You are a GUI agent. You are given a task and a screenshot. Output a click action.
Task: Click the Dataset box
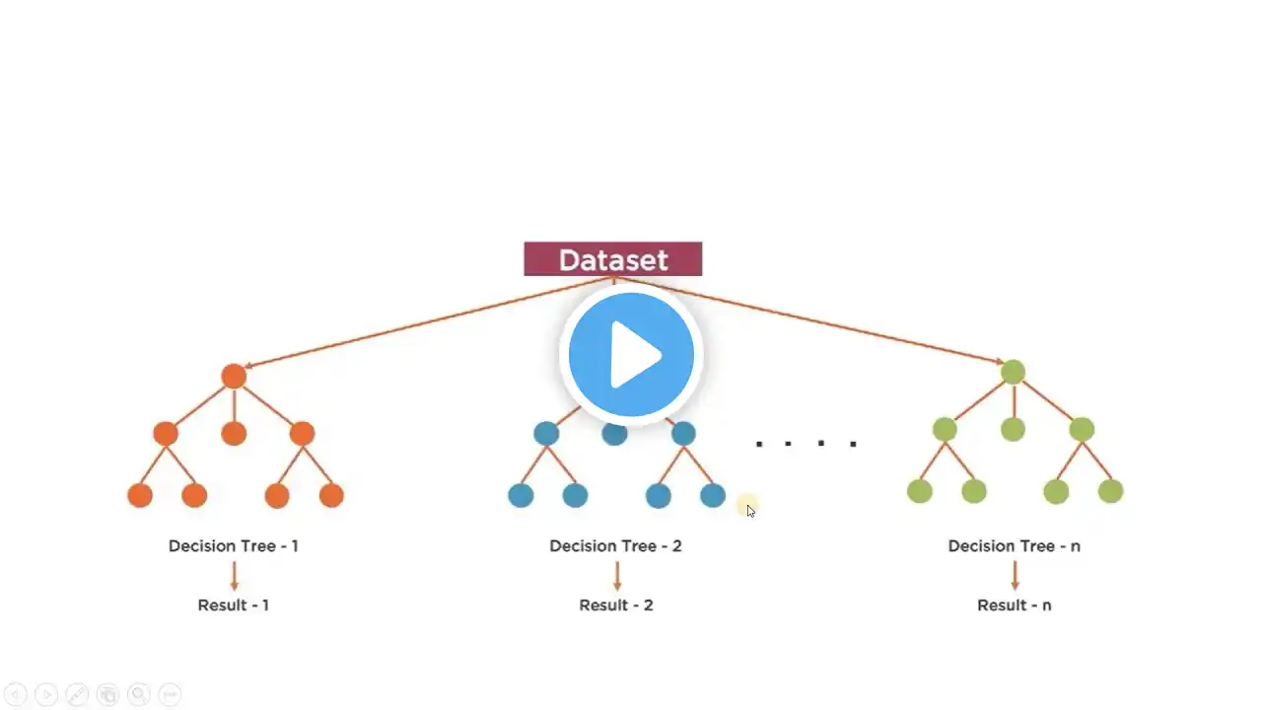click(x=612, y=259)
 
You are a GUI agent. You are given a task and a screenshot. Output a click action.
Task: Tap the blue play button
click(x=631, y=355)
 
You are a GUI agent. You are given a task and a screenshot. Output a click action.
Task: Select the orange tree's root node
click(x=234, y=376)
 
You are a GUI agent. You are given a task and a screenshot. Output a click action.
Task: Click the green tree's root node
click(x=1013, y=372)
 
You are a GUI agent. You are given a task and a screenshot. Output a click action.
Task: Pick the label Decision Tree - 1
click(x=233, y=545)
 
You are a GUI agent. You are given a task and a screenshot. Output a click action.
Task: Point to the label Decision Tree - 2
click(x=615, y=545)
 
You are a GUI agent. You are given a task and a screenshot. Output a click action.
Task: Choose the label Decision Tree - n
click(x=1014, y=545)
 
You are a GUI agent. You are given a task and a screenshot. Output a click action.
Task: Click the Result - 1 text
click(x=233, y=604)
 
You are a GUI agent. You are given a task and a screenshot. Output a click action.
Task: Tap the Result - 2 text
click(x=615, y=604)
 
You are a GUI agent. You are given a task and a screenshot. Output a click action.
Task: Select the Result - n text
click(x=1014, y=604)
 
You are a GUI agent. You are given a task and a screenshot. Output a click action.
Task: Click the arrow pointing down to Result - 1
click(x=234, y=576)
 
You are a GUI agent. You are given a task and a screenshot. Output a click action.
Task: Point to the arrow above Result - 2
click(x=617, y=576)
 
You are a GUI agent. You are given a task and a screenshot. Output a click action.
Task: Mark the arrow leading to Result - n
click(x=1015, y=576)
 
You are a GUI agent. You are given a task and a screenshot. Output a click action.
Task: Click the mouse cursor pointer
click(x=750, y=510)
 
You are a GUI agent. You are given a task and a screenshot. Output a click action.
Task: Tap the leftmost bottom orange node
click(x=140, y=495)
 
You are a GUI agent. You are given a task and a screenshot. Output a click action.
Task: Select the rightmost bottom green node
click(x=1110, y=490)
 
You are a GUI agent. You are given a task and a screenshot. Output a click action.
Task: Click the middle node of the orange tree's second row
click(x=234, y=433)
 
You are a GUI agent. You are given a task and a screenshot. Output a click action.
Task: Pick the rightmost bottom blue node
click(x=713, y=495)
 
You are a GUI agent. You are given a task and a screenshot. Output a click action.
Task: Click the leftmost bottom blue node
click(x=521, y=495)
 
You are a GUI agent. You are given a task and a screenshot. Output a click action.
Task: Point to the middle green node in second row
click(x=1013, y=429)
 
